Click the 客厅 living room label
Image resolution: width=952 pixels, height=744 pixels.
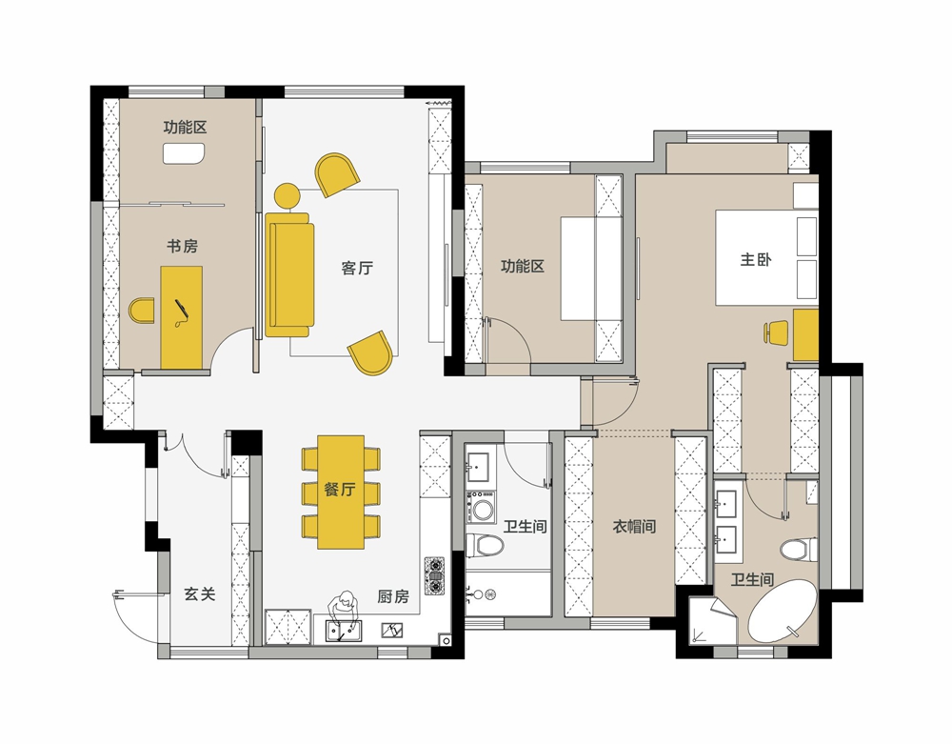click(x=357, y=268)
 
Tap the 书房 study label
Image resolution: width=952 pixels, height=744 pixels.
click(x=182, y=246)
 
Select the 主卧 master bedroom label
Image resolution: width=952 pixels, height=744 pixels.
click(x=755, y=259)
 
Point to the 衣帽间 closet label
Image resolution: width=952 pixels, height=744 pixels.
click(x=634, y=526)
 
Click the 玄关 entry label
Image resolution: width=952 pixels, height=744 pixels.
click(x=200, y=594)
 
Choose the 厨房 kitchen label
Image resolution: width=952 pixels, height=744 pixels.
click(x=393, y=596)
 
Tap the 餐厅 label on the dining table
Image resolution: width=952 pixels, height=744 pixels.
click(x=340, y=489)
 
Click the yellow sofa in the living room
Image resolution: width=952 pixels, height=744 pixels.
click(x=289, y=274)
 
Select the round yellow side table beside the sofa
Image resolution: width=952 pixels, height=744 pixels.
click(x=288, y=195)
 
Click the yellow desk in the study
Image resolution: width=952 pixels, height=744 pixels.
click(x=181, y=317)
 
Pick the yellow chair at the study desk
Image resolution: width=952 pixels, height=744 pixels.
click(x=142, y=311)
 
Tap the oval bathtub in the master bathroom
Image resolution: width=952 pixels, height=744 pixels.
click(x=782, y=611)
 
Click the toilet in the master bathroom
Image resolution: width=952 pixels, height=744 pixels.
click(x=799, y=551)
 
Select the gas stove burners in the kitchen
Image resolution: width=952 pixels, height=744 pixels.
click(x=434, y=575)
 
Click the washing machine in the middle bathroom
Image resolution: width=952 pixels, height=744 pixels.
click(x=482, y=508)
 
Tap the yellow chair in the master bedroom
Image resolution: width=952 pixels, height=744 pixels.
click(x=775, y=333)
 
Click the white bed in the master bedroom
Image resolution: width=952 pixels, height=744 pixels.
click(x=766, y=257)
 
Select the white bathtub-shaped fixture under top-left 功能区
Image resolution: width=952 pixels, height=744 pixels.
click(x=185, y=153)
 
